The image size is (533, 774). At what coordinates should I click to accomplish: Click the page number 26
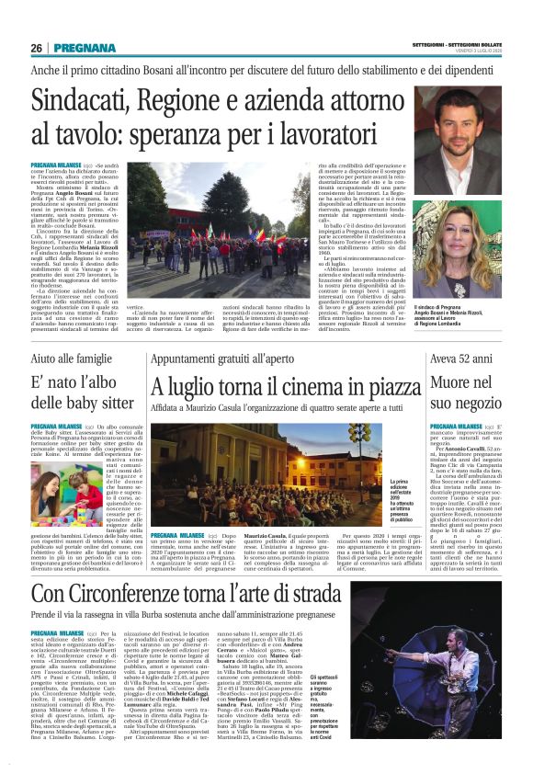click(x=37, y=48)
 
